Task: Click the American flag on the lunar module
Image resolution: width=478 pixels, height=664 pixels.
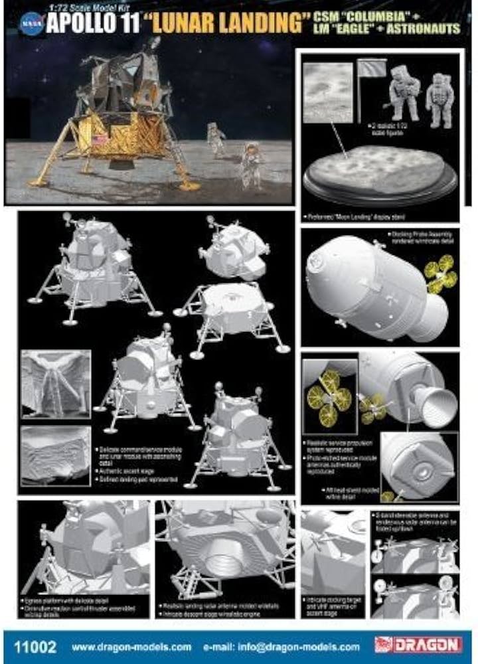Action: [x=101, y=141]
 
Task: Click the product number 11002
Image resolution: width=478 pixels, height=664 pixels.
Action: [x=35, y=645]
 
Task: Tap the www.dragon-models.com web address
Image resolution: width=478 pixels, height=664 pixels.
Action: [x=131, y=646]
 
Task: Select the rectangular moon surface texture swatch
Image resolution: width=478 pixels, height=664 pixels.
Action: [x=327, y=92]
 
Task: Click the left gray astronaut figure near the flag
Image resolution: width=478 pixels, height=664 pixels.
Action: [x=404, y=92]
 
